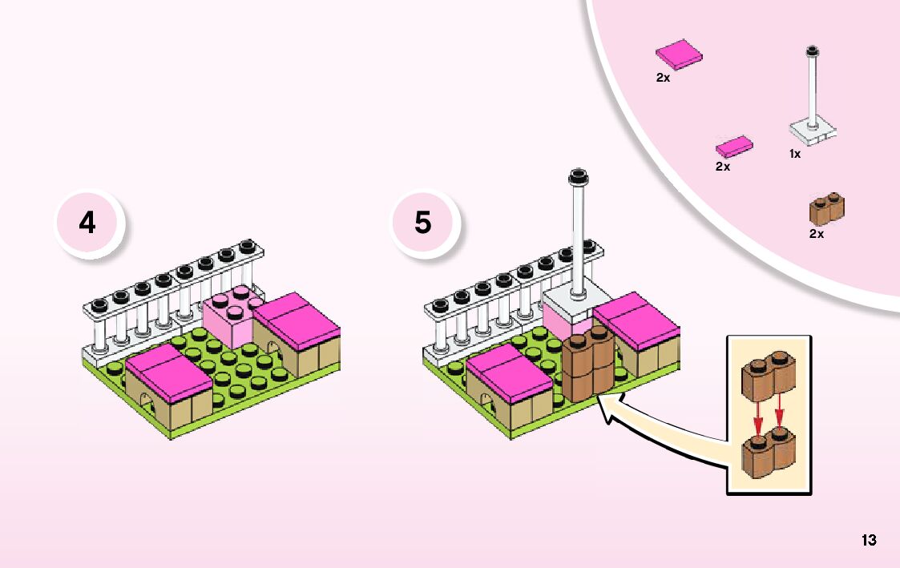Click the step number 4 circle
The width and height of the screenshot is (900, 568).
point(87,223)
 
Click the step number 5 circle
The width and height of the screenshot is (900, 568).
point(423,223)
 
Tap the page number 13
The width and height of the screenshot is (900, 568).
point(869,540)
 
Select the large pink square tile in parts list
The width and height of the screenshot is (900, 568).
point(679,54)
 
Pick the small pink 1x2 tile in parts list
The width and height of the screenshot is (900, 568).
point(734,147)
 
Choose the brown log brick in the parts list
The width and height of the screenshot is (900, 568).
point(827,209)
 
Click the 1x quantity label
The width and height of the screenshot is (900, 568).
point(794,154)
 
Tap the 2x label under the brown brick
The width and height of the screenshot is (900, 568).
point(816,234)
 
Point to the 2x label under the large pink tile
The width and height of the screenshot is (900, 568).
point(663,78)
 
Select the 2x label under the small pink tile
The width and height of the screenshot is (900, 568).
point(723,167)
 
